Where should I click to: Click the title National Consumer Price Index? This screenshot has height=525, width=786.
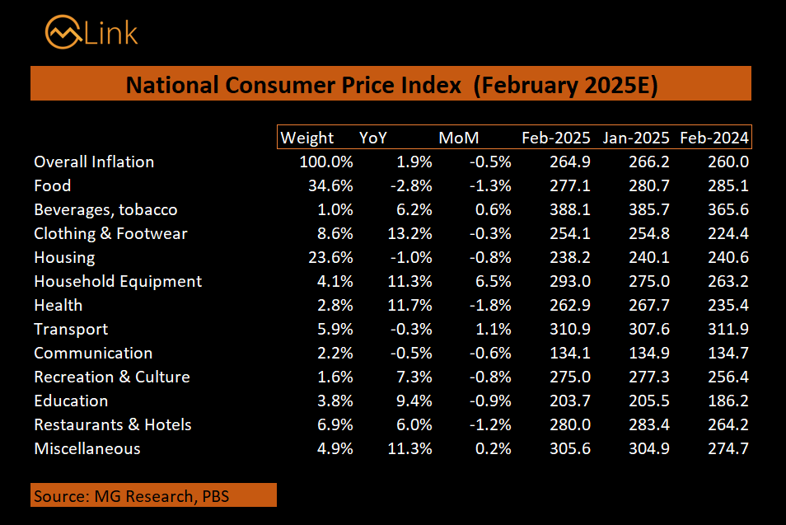391,85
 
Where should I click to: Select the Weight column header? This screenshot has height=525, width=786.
307,138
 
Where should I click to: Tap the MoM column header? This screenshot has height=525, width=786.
458,138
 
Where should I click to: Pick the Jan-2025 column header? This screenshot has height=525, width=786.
634,138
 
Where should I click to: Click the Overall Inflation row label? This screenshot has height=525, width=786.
94,162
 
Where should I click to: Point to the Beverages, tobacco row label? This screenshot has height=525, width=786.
105,209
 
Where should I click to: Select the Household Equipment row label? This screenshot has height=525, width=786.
118,281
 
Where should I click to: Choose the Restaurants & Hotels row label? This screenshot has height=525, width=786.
113,424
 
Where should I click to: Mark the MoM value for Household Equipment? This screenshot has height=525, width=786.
491,281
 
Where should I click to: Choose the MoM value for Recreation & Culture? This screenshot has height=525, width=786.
491,377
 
